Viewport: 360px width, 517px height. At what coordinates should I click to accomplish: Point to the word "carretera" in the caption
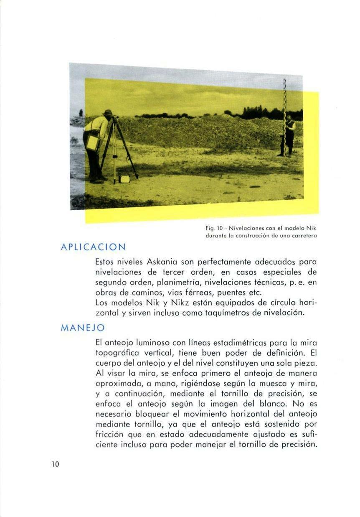(303, 236)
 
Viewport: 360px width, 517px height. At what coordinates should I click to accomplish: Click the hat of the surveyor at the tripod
(108, 113)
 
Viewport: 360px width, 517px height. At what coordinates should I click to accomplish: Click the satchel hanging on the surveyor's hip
(92, 143)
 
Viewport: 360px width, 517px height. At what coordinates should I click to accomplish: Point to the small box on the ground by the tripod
(124, 179)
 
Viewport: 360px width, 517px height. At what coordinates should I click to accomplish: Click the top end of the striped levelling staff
(284, 81)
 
